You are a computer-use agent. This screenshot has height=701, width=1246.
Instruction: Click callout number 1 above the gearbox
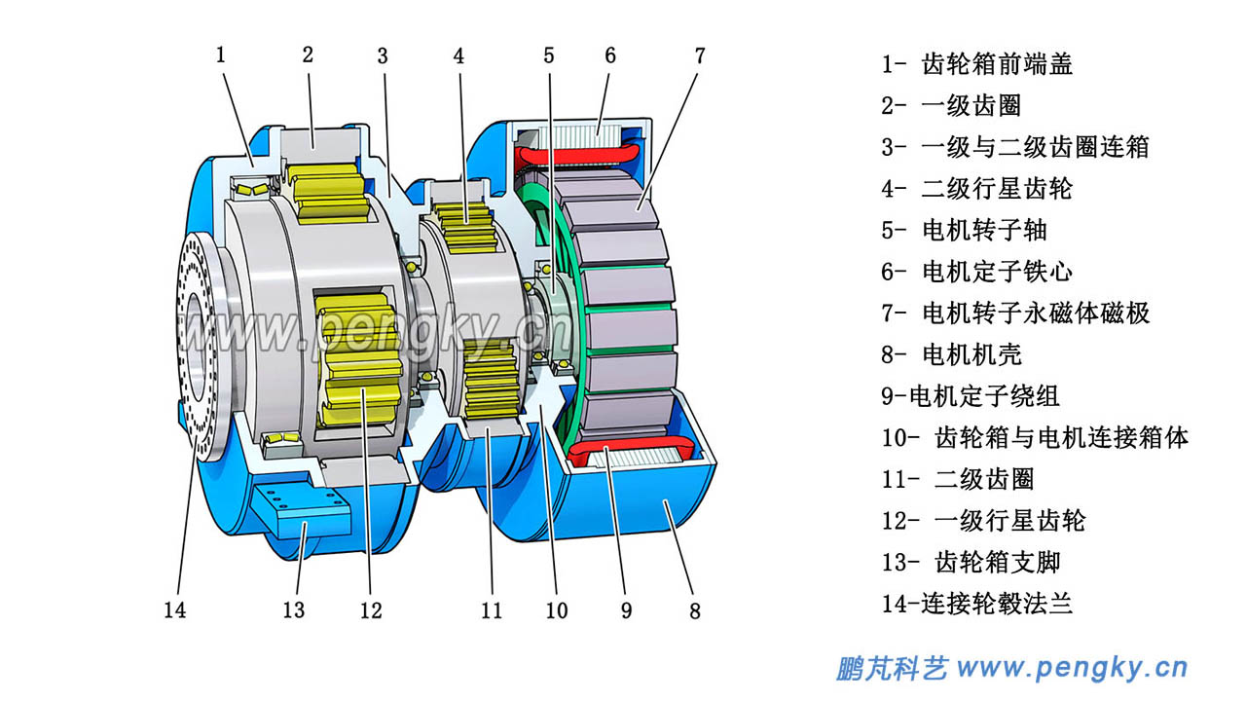(x=221, y=55)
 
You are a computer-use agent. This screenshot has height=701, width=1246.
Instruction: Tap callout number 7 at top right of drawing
(x=699, y=55)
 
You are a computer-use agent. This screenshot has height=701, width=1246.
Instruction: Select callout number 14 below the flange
(x=174, y=610)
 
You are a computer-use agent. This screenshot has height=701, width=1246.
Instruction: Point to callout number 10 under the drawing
(x=556, y=610)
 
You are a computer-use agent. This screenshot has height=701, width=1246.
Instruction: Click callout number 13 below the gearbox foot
(x=293, y=610)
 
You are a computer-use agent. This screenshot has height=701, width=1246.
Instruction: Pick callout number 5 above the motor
(x=549, y=55)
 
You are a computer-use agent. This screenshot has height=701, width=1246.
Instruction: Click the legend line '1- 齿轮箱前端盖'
(x=977, y=64)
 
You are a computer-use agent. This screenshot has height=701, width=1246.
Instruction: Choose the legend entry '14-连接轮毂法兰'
(x=977, y=604)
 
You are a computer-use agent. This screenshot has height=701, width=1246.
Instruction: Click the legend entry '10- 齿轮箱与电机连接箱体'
(x=1035, y=437)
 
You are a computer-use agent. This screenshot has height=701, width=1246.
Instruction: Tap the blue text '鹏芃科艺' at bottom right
(x=892, y=669)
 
